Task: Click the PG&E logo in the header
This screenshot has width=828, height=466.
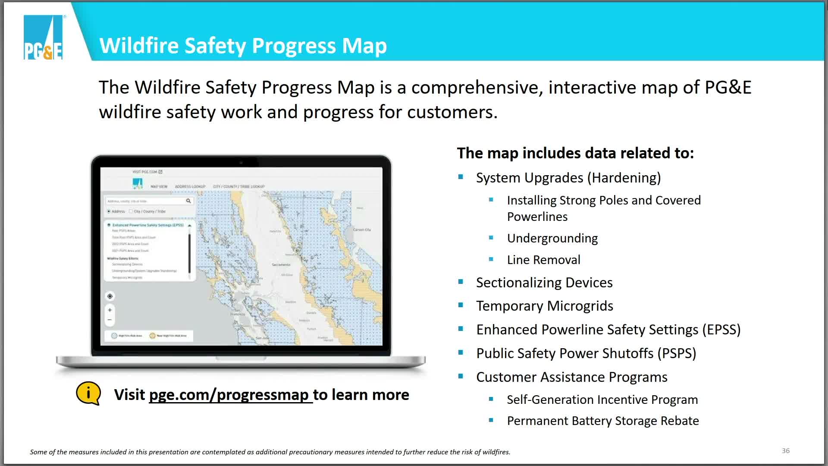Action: [x=43, y=38]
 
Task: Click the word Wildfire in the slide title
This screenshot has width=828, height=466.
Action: [x=138, y=46]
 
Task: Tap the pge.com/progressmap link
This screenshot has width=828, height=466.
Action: [x=230, y=395]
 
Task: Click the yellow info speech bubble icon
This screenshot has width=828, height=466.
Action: [x=88, y=393]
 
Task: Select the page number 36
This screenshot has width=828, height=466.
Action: [x=785, y=450]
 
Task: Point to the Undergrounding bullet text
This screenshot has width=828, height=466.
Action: [x=552, y=238]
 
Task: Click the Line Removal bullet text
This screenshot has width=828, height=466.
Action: [x=543, y=260]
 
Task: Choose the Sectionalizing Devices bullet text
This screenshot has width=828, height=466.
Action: [x=544, y=283]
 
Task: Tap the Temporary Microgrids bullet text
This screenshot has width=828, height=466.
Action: [x=544, y=306]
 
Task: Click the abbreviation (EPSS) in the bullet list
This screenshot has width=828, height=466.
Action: [x=721, y=330]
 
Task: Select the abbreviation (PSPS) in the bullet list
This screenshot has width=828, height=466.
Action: [x=677, y=353]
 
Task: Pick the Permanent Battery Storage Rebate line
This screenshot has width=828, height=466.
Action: [x=602, y=421]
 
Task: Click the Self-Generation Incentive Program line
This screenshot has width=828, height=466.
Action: [x=602, y=400]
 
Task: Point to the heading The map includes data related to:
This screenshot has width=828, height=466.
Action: [x=575, y=153]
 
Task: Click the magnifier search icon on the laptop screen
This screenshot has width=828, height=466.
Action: [x=188, y=201]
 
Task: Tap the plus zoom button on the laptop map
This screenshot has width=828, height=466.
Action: [x=110, y=310]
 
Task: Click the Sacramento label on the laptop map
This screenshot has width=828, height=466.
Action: [x=281, y=264]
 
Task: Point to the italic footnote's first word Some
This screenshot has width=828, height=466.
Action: [x=38, y=452]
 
